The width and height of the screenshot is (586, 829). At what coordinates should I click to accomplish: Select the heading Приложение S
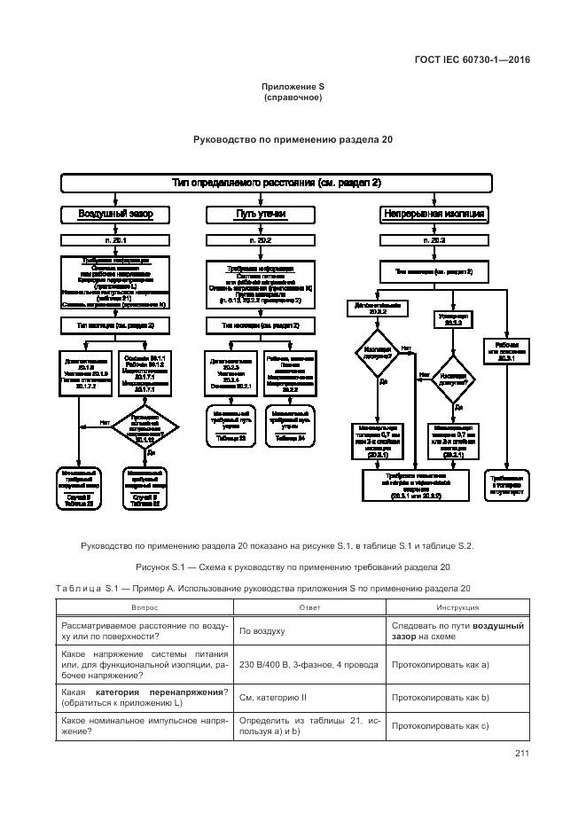(293, 86)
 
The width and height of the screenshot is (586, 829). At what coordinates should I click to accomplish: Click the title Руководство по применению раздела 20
(293, 139)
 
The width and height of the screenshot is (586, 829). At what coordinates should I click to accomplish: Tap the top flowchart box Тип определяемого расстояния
(276, 183)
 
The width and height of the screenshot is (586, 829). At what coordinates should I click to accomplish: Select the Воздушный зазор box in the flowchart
(115, 215)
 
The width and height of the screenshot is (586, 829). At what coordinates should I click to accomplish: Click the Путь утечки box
(260, 215)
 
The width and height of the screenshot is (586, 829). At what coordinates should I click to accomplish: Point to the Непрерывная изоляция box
(434, 215)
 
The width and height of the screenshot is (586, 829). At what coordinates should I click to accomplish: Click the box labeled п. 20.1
(115, 240)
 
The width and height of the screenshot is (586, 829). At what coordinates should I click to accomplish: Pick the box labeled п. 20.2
(260, 240)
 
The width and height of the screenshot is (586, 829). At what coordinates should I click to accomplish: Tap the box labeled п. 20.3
(434, 240)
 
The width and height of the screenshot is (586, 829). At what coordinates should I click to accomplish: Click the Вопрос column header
(145, 607)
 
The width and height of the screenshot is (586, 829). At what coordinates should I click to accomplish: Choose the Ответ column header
(309, 607)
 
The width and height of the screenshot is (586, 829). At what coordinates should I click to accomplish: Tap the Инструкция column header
(457, 607)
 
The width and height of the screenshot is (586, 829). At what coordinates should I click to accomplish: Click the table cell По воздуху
(262, 631)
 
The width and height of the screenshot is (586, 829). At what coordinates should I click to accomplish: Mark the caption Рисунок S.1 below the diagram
(293, 567)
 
